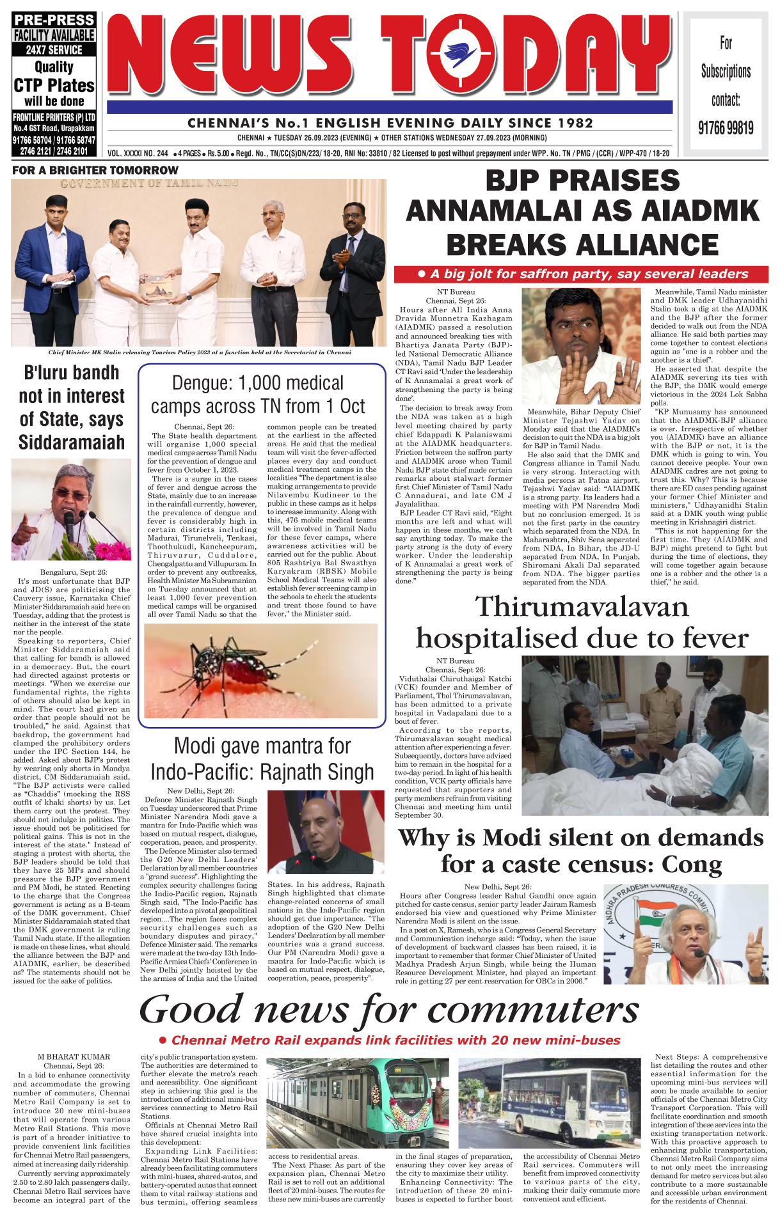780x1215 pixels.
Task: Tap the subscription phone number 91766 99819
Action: point(726,129)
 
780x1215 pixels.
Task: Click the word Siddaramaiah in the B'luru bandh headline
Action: point(72,443)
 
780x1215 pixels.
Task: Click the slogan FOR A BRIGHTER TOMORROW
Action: point(95,170)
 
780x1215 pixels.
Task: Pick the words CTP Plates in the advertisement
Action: point(54,86)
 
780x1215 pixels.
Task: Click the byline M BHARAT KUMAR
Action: point(74,1057)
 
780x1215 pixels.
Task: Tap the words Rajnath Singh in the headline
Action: point(319,772)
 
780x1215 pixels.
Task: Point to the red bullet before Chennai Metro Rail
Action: point(163,1040)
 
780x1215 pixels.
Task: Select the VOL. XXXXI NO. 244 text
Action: point(138,153)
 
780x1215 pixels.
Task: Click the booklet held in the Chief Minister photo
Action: point(158,290)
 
